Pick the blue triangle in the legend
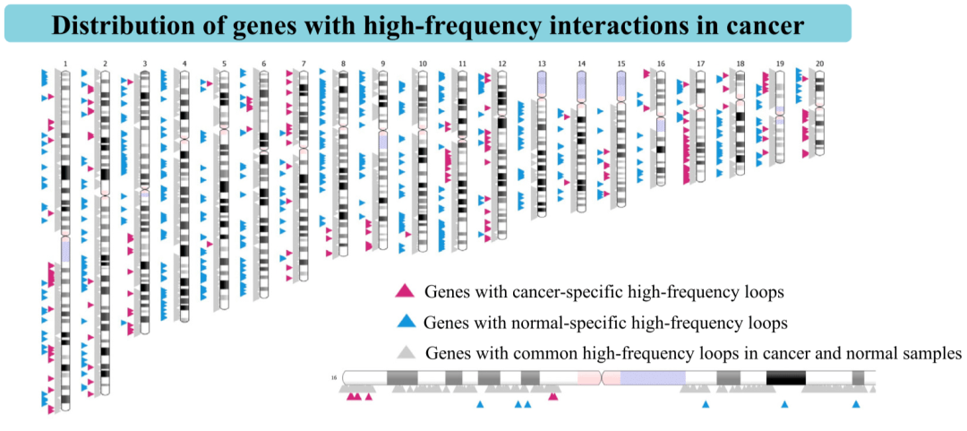pos(406,322)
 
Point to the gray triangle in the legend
pos(406,353)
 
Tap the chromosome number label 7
pos(304,64)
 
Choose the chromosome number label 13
pos(542,64)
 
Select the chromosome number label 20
pos(819,64)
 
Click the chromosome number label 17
pos(700,64)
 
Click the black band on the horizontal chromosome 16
pos(786,377)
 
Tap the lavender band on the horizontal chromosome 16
pos(653,377)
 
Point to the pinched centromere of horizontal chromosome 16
pos(602,377)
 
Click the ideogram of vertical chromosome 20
pos(819,113)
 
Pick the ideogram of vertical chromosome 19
pos(780,116)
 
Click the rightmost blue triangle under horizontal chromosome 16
pos(856,404)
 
